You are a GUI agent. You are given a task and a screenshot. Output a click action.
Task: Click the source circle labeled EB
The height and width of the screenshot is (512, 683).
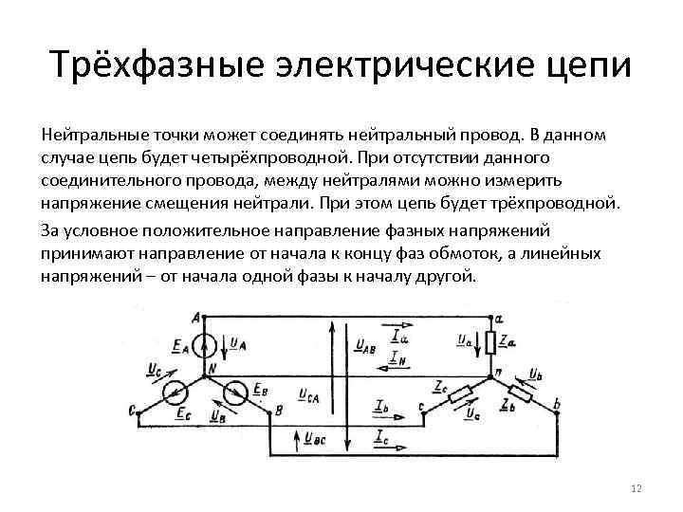pyautogui.click(x=237, y=391)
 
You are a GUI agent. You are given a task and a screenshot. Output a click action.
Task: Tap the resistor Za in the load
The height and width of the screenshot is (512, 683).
pyautogui.click(x=489, y=340)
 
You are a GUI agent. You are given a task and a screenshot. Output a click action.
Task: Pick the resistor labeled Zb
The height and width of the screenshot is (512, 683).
pyautogui.click(x=521, y=391)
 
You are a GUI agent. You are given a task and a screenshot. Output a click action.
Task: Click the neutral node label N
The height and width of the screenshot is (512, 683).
pyautogui.click(x=212, y=368)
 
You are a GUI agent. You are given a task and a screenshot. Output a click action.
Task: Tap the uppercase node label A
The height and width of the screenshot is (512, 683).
pyautogui.click(x=196, y=317)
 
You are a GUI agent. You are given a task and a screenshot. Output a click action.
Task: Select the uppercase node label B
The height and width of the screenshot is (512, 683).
pyautogui.click(x=278, y=410)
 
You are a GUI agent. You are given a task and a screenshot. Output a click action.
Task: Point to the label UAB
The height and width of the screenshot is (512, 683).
pyautogui.click(x=365, y=347)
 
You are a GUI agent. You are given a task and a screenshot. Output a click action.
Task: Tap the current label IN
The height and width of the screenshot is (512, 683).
pyautogui.click(x=399, y=358)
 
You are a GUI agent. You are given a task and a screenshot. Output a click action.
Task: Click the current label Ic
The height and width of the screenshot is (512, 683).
pyautogui.click(x=381, y=436)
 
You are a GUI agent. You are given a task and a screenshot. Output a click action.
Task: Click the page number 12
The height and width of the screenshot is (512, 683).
pyautogui.click(x=636, y=487)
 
